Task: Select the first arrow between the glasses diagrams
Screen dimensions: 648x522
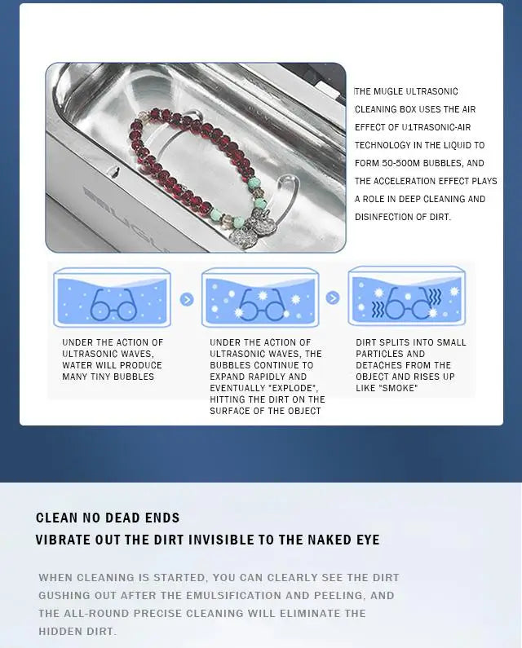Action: point(187,299)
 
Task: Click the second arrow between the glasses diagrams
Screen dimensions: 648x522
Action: point(332,298)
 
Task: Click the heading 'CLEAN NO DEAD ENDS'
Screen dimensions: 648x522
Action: point(108,518)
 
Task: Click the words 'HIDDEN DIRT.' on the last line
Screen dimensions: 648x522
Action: point(77,631)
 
